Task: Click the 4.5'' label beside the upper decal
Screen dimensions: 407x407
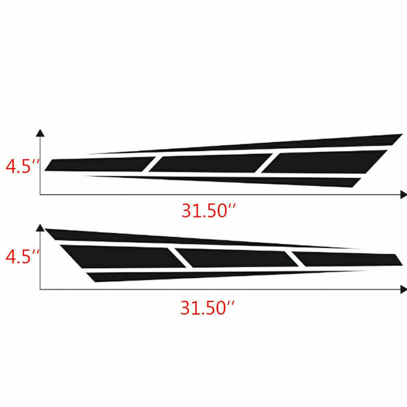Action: (x=22, y=166)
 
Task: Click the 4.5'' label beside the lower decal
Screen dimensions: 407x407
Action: (x=22, y=257)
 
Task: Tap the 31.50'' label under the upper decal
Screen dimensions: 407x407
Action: (x=209, y=211)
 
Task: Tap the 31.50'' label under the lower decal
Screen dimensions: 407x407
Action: (x=207, y=308)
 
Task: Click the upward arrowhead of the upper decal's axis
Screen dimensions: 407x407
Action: (x=40, y=133)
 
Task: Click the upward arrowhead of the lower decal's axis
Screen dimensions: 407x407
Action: (x=40, y=228)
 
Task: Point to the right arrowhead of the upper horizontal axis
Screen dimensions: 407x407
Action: (x=404, y=195)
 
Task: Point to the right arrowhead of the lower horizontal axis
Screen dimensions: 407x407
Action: (x=404, y=289)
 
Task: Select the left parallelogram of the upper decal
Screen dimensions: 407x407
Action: (x=100, y=164)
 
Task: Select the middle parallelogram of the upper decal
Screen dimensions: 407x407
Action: (x=211, y=163)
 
